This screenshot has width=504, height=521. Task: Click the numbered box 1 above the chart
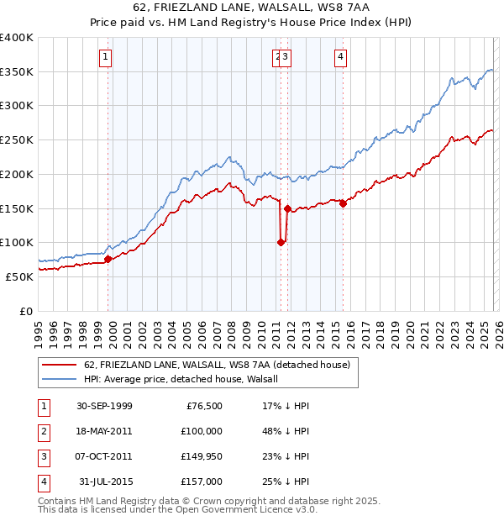coord(105,57)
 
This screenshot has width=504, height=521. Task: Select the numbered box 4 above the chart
coord(341,57)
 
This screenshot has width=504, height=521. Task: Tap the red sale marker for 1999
coord(108,259)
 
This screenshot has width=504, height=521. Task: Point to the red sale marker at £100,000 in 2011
coord(281,242)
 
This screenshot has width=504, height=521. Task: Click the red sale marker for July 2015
coord(343,203)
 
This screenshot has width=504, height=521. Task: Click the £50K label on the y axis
coord(18,276)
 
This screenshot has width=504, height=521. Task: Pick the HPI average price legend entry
coord(186,379)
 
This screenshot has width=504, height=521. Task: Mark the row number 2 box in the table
coord(43,431)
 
